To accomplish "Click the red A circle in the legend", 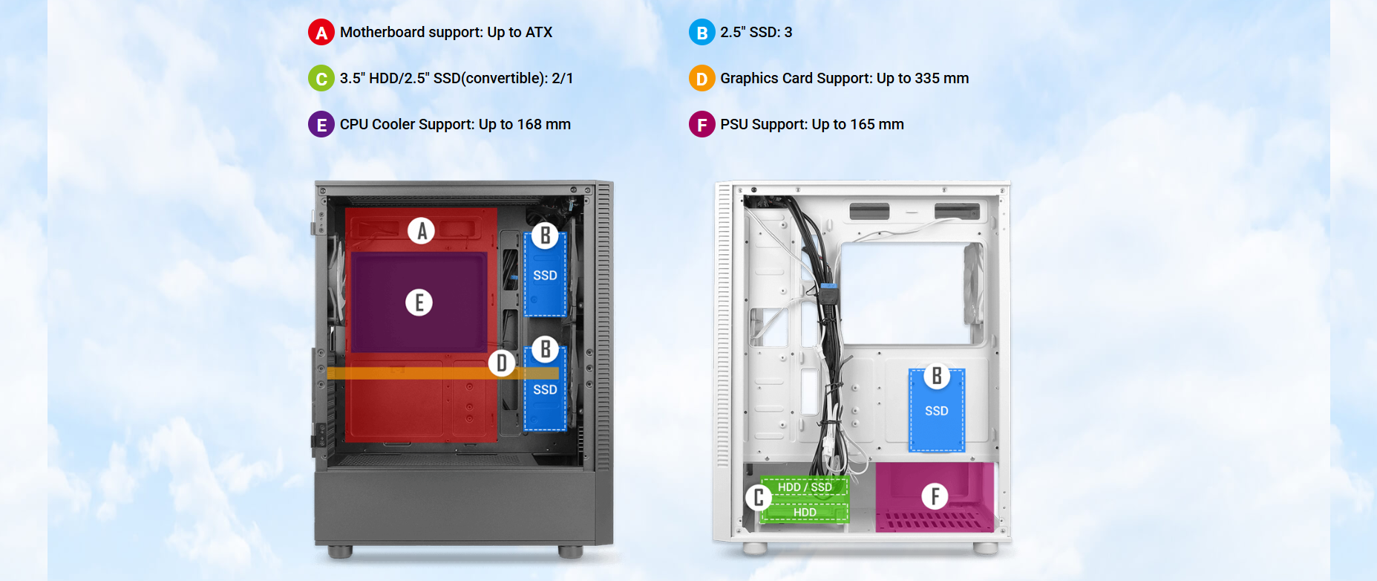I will (321, 33).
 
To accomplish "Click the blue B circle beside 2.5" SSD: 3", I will (701, 33).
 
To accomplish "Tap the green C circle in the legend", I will (321, 79).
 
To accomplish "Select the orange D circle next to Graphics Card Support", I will (701, 79).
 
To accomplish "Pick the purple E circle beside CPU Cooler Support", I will (321, 125).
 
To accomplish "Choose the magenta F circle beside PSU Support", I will (701, 125).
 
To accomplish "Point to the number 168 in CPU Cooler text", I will (529, 125).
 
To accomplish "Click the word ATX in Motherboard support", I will (539, 33).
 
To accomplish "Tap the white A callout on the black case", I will (421, 231).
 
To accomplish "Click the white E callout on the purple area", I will (419, 302).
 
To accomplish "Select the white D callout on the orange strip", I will (502, 363).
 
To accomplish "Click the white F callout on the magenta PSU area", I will (935, 496).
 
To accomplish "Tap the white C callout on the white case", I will (758, 497).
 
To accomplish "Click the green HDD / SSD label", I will (805, 487).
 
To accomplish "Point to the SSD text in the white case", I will (936, 411).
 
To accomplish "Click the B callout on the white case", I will (936, 377).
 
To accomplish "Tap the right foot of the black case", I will (570, 552).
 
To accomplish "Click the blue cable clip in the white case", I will (829, 286).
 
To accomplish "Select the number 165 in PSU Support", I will (863, 125).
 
